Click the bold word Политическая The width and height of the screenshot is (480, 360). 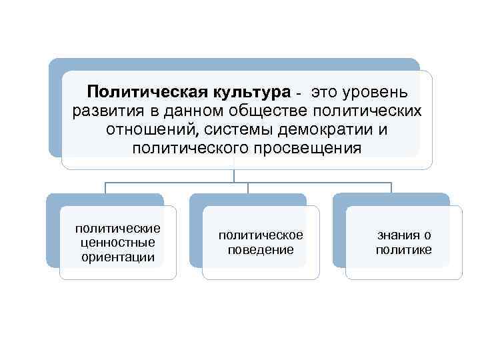click(x=147, y=91)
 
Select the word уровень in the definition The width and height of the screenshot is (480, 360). click(x=389, y=91)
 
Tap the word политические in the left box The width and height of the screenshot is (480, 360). click(x=118, y=229)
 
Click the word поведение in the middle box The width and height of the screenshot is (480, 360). click(x=261, y=250)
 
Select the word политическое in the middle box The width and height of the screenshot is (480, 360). click(x=261, y=235)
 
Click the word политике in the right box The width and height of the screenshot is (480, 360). click(x=403, y=250)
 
